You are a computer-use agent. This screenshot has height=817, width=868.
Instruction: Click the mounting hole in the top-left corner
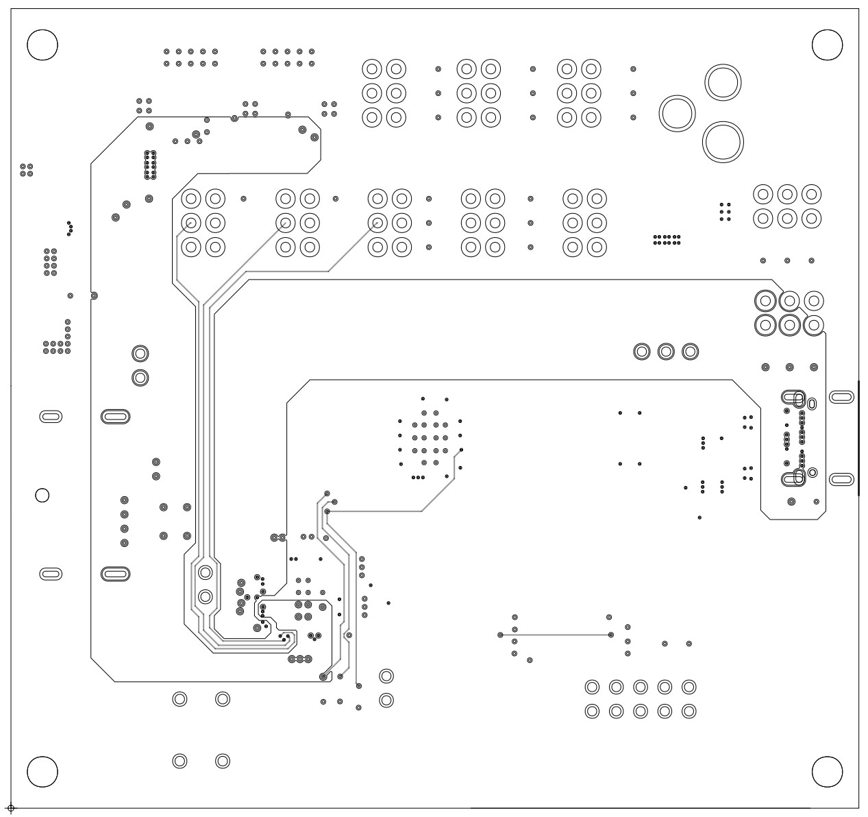42,45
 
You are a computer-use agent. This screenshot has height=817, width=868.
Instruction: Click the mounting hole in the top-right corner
826,45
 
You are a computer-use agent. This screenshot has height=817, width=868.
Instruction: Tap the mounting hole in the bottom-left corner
42,772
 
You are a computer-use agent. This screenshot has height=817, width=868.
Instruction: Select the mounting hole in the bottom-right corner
826,772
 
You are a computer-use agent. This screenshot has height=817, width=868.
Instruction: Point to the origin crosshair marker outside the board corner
10,809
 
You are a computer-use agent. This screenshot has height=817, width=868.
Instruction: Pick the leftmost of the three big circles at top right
677,113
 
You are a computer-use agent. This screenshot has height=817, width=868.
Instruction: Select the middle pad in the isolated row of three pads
665,352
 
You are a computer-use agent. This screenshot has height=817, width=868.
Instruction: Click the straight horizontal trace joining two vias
562,635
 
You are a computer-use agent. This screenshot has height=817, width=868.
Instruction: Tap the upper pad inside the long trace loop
205,572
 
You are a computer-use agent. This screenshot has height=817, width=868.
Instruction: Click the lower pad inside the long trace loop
205,596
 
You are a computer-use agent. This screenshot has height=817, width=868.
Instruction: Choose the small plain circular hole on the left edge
42,495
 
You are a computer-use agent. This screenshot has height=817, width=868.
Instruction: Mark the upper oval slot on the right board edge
841,397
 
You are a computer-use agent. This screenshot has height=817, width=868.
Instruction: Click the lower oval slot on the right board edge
841,479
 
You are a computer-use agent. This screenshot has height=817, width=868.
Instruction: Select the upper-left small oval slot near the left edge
51,416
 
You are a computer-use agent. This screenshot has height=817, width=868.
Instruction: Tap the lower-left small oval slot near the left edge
51,574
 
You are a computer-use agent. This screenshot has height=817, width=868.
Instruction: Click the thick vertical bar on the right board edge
858,437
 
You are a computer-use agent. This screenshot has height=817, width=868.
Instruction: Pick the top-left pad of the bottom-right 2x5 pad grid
593,687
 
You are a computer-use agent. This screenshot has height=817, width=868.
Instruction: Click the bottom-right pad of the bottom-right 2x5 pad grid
689,711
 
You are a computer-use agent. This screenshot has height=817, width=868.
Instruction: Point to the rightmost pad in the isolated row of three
690,352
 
